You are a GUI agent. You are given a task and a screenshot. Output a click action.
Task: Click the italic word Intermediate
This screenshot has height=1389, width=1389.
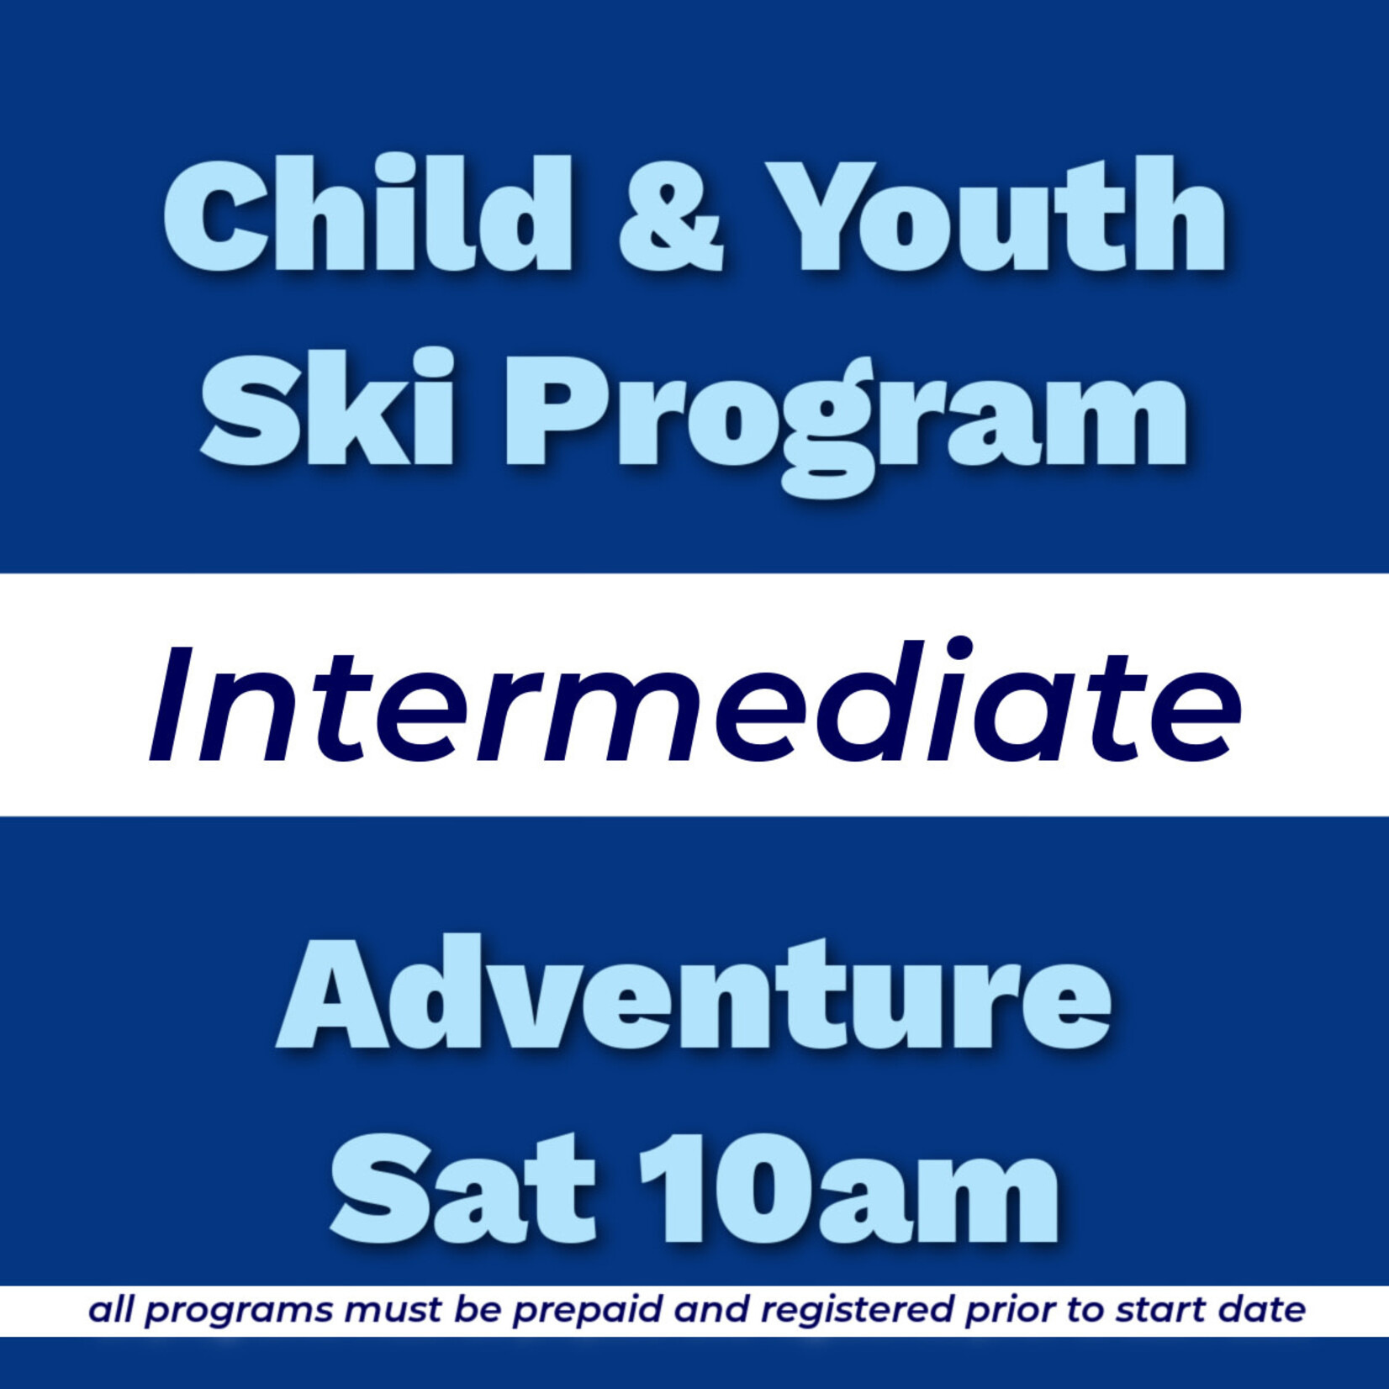tap(694, 705)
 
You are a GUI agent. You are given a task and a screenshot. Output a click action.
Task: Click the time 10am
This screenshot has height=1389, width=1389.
tap(848, 1187)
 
